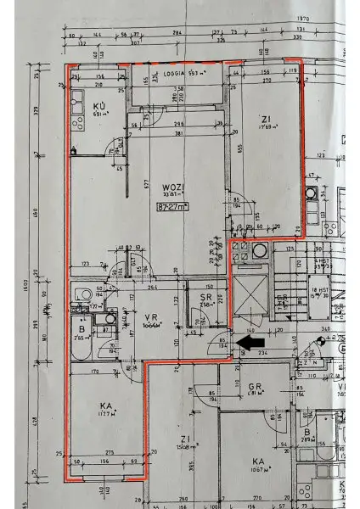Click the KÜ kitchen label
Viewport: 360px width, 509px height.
click(x=99, y=107)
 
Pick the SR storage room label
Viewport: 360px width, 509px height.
click(x=205, y=299)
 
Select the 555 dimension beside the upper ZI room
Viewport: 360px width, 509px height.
click(x=240, y=148)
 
